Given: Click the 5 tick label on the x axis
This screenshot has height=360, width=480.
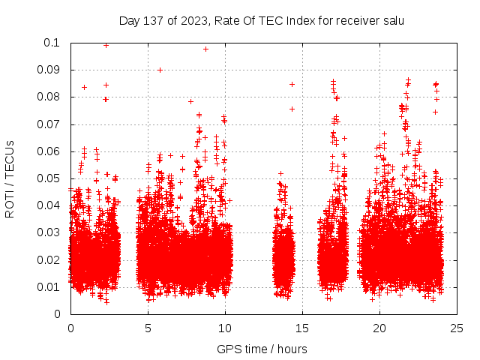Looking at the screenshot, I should tap(148, 328).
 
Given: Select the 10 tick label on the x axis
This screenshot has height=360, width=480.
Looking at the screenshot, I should tap(225, 328).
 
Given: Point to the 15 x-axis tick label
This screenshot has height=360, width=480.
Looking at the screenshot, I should tap(302, 328).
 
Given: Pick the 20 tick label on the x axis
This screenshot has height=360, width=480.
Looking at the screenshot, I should tap(380, 328).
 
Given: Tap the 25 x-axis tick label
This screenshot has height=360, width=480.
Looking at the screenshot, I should tap(457, 328).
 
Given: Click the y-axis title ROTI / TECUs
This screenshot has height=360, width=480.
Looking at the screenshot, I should tap(10, 178).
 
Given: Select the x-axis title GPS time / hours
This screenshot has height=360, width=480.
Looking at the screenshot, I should tap(262, 348).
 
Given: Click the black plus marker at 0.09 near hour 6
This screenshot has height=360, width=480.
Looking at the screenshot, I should tap(160, 70).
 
